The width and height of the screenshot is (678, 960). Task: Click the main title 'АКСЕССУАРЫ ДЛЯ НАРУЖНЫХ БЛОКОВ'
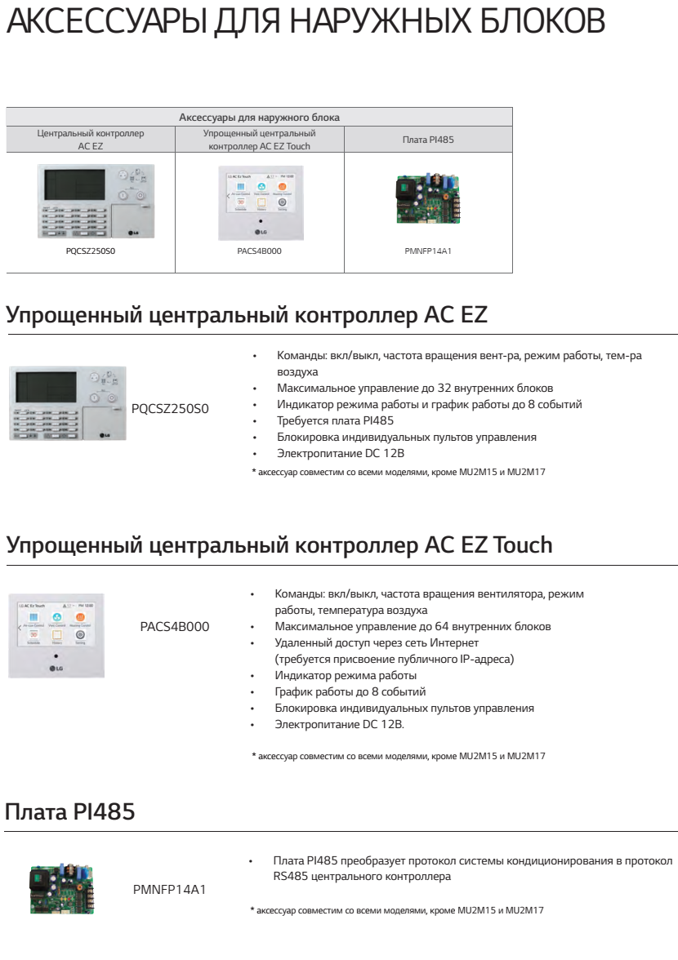[x=306, y=23]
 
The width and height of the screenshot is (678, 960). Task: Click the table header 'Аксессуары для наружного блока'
[x=259, y=118]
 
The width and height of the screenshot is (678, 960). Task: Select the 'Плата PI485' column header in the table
[x=428, y=140]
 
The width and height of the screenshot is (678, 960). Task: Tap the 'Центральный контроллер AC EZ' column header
[x=91, y=139]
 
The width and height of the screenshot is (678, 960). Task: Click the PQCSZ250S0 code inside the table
[x=91, y=252]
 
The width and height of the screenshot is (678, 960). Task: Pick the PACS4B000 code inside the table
[x=260, y=252]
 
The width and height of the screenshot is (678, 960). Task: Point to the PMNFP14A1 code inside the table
[x=428, y=252]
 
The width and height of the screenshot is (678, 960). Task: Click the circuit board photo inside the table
[x=428, y=198]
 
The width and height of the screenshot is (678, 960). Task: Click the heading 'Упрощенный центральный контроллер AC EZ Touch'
[x=279, y=545]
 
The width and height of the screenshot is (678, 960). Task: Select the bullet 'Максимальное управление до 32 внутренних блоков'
[x=415, y=388]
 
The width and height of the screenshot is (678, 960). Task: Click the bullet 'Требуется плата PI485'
[x=336, y=420]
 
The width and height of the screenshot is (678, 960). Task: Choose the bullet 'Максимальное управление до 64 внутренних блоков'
[x=413, y=627]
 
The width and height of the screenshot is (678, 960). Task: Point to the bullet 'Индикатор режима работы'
[x=346, y=676]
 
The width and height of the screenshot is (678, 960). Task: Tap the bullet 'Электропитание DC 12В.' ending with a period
[x=339, y=725]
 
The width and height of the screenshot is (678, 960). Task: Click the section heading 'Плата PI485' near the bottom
[x=70, y=812]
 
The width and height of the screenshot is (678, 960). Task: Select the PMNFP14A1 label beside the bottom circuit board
[x=169, y=889]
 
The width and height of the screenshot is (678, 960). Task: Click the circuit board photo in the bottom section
[x=62, y=888]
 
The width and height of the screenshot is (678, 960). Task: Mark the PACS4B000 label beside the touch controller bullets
[x=175, y=627]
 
